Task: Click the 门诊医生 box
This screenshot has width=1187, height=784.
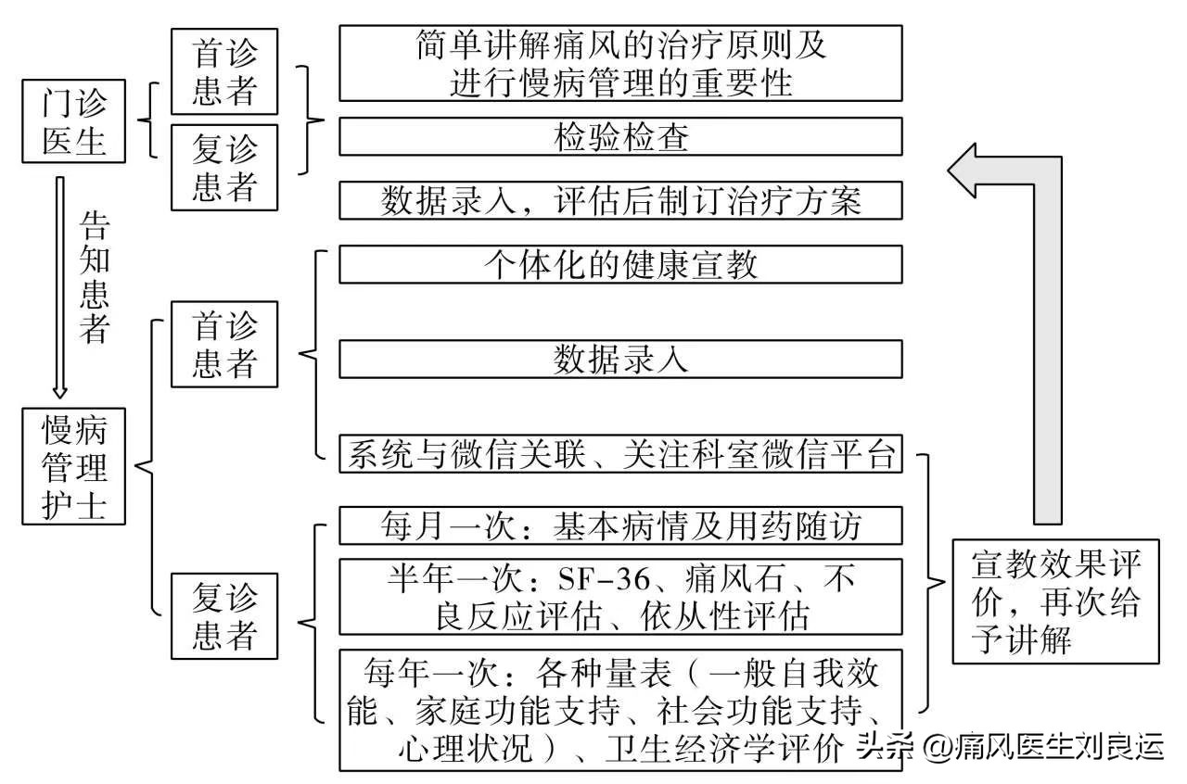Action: pos(74,121)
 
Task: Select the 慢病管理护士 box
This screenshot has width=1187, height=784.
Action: pos(74,467)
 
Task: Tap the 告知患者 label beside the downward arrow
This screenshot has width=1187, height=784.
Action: pos(95,275)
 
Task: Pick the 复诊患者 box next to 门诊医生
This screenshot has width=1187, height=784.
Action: pos(223,167)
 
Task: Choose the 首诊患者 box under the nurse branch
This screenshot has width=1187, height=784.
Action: pos(223,344)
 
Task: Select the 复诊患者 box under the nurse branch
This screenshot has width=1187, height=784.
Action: pos(223,616)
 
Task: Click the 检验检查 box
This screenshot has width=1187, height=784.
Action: pos(620,137)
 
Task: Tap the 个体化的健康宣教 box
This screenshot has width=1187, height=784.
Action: pos(620,264)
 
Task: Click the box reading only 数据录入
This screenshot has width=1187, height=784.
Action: pos(620,359)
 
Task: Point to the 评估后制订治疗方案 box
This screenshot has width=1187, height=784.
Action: pos(620,200)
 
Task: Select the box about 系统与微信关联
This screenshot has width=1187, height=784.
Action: pos(620,454)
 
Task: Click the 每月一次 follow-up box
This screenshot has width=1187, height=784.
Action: pos(620,525)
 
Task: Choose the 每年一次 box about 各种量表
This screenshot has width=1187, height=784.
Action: pos(620,710)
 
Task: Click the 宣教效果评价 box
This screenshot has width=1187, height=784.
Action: pos(1055,601)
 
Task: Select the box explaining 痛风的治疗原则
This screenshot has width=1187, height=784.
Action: pos(620,63)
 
